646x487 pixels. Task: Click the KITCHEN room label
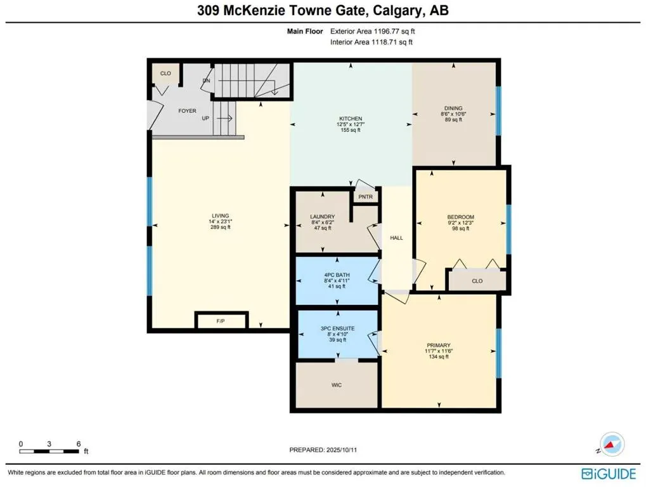[x=351, y=119]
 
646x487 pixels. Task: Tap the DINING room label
[x=453, y=108]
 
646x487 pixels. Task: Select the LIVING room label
[x=221, y=216]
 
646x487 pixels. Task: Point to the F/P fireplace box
[x=221, y=321]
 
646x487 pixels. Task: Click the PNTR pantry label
[x=365, y=197]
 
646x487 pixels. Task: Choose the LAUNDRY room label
[x=323, y=217]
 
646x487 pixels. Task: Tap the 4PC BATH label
[x=337, y=275]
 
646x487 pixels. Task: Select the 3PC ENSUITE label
[x=338, y=328]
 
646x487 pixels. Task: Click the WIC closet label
[x=337, y=386]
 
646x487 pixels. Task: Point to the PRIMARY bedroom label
[x=439, y=345]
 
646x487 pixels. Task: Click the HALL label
[x=396, y=238]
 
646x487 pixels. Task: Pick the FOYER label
[x=187, y=111]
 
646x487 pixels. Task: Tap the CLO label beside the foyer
[x=165, y=74]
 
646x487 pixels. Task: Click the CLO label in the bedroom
[x=477, y=281]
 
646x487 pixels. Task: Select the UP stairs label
[x=205, y=118]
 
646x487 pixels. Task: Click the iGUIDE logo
[x=609, y=474]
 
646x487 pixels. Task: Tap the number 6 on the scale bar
[x=78, y=444]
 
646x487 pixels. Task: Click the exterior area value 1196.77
[x=385, y=31]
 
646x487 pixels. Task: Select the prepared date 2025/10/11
[x=342, y=450]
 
